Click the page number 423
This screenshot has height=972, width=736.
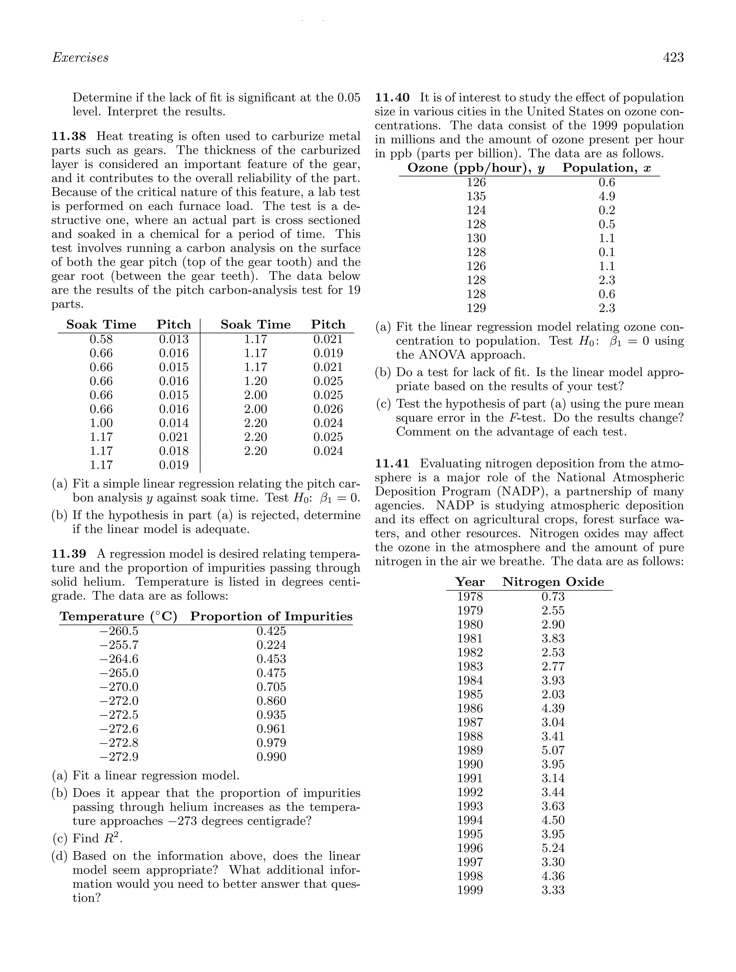673,57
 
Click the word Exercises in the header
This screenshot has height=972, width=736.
80,57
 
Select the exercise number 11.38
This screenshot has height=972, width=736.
69,136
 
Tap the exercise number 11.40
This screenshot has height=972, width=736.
392,98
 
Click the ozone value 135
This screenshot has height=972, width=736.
476,196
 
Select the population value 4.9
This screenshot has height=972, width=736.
607,196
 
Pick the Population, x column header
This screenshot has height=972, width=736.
606,168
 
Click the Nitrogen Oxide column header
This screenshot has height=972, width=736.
553,582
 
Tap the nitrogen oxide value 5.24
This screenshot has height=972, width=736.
553,848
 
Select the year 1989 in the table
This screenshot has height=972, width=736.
470,750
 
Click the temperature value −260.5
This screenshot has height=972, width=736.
119,631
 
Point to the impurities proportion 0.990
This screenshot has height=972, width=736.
271,757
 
